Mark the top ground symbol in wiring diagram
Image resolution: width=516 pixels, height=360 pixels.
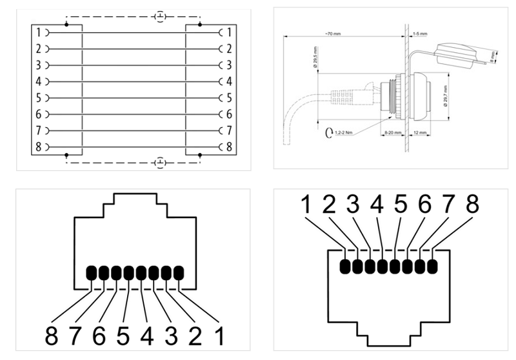tap(159, 16)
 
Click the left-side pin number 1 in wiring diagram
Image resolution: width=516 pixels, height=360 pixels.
tap(38, 32)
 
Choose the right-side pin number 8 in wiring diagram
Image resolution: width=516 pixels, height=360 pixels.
tap(230, 146)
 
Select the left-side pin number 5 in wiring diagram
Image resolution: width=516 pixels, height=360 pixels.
tap(38, 98)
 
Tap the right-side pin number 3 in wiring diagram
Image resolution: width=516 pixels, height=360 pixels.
tap(230, 65)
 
